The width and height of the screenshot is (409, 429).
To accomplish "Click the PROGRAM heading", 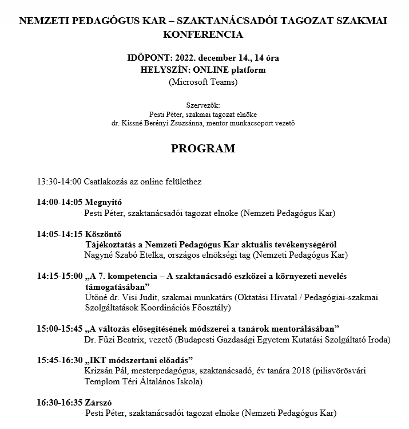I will click(203, 149).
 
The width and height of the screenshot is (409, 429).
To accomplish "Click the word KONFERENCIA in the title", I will click(203, 34).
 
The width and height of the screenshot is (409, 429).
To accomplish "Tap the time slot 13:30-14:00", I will click(59, 182).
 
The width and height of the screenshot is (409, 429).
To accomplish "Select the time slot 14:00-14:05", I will click(59, 203).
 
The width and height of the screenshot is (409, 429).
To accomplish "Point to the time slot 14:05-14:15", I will click(59, 234).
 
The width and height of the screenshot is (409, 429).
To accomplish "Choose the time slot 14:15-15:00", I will click(59, 276).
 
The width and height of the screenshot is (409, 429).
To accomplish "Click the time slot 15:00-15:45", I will click(59, 329).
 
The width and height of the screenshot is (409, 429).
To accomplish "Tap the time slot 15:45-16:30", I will click(59, 360).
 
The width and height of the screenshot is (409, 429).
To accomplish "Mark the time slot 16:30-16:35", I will click(59, 402).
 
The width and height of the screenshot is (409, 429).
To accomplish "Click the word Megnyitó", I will click(104, 203).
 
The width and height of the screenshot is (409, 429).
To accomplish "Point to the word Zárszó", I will click(99, 402).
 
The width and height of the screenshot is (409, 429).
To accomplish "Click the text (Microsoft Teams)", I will click(203, 81).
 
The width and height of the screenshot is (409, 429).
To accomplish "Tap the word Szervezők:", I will click(203, 105).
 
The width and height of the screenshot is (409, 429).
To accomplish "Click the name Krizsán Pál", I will click(105, 371).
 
